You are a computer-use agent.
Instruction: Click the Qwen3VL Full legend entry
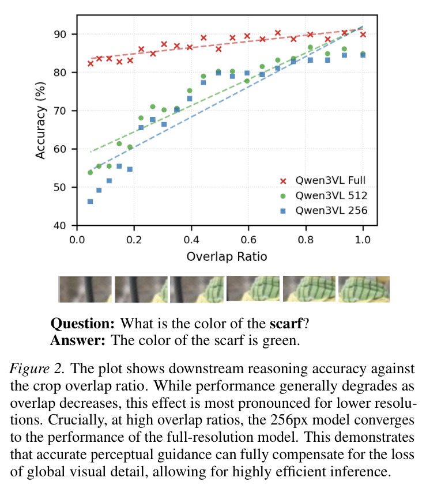pos(323,180)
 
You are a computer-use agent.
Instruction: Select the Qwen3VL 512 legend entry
pos(323,195)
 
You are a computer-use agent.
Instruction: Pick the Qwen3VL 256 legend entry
pos(323,210)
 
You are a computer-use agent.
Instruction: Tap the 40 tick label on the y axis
pos(60,225)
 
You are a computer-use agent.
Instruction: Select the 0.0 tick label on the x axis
pos(77,240)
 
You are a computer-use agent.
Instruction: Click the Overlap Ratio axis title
pos(227,257)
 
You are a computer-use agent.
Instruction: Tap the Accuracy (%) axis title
pos(40,120)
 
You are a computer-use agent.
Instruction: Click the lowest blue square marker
pos(90,202)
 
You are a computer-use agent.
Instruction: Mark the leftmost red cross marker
pos(91,63)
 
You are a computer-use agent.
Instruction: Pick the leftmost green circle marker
pos(90,172)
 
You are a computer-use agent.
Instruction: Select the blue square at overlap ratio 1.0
pos(363,55)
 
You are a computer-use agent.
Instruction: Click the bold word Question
pos(82,323)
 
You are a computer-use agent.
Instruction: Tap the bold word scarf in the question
pos(286,323)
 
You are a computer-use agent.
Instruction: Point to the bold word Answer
pos(78,340)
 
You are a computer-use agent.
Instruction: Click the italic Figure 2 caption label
pos(37,369)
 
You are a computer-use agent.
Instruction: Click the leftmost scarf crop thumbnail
pos(85,289)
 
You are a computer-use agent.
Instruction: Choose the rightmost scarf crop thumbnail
pos(364,289)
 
